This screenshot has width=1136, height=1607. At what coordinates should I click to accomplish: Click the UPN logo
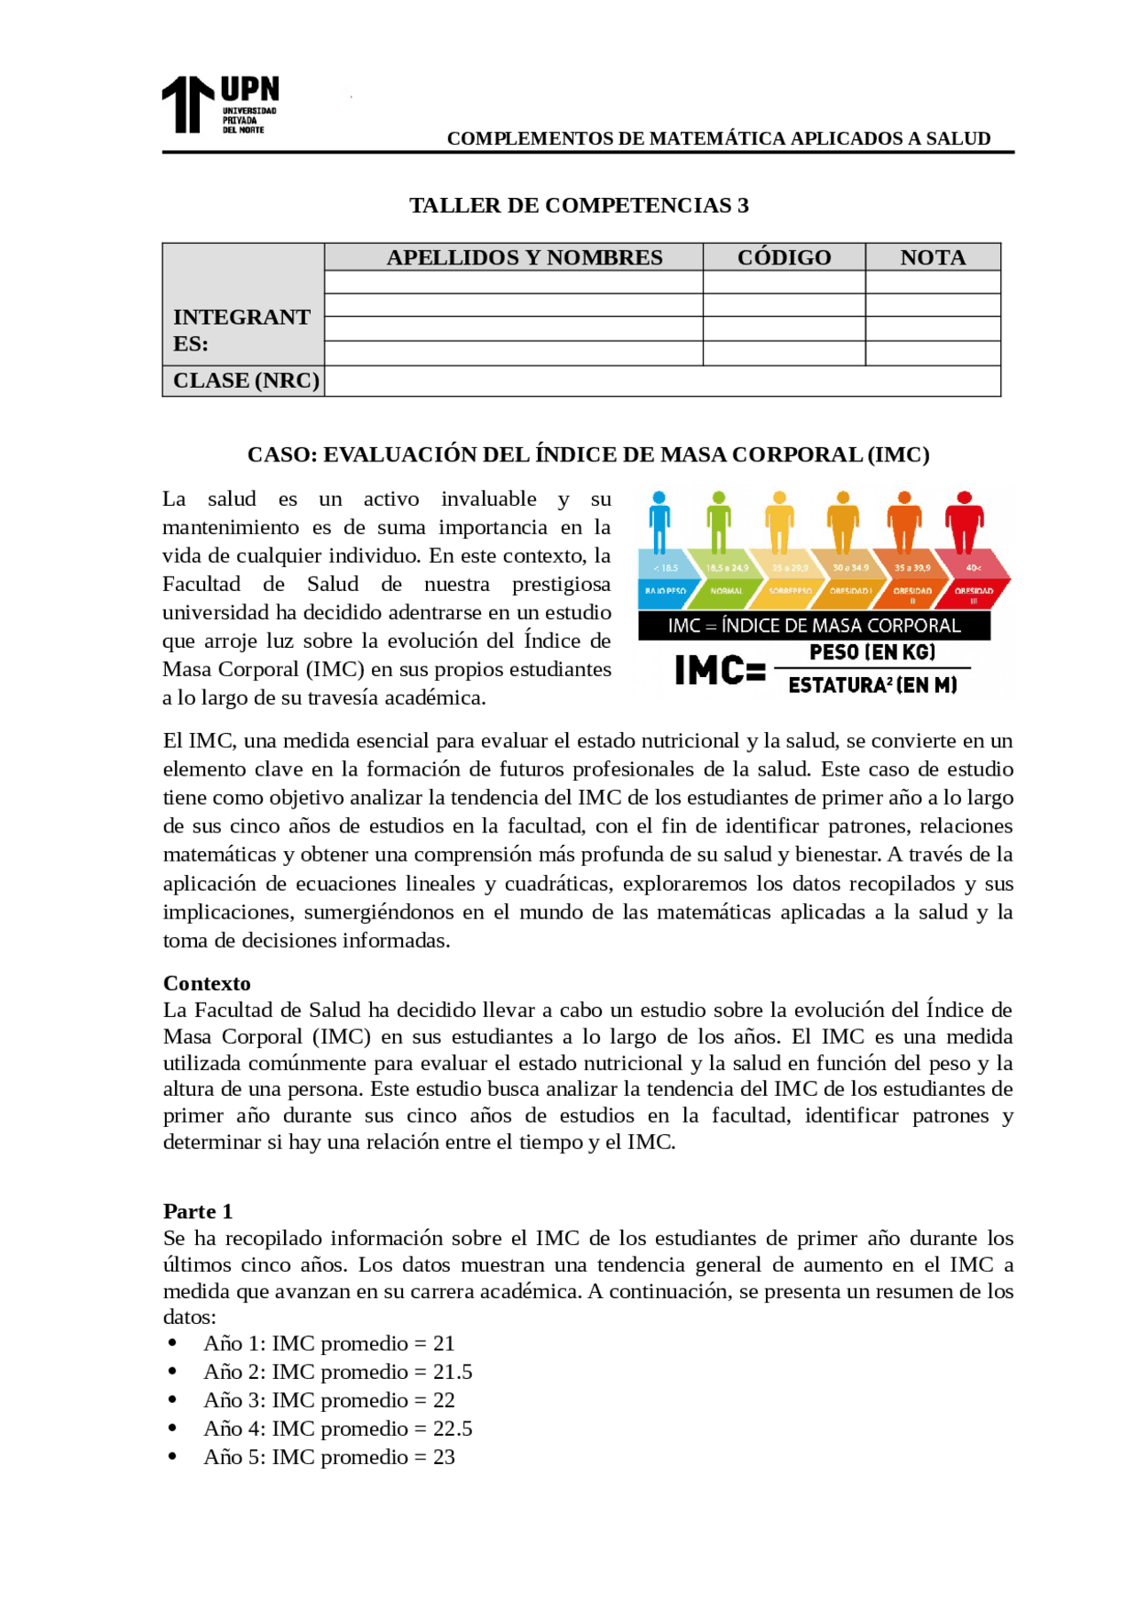click(219, 105)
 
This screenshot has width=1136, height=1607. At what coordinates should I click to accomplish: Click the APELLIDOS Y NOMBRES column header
click(524, 257)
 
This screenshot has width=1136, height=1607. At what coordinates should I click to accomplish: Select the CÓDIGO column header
click(784, 257)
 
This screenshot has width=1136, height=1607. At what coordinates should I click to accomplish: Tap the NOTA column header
click(932, 257)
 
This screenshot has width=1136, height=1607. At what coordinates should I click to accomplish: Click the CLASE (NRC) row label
click(245, 381)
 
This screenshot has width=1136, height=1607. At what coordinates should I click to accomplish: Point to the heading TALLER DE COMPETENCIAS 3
click(579, 205)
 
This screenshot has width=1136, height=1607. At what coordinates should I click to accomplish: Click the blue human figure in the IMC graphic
click(659, 522)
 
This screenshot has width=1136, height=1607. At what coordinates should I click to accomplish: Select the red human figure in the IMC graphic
click(964, 522)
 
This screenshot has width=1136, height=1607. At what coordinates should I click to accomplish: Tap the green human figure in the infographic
click(719, 522)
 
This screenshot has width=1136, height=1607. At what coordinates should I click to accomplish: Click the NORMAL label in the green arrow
click(726, 591)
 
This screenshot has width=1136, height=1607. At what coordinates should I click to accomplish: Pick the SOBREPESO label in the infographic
click(789, 591)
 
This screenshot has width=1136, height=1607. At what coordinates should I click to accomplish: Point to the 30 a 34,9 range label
click(850, 567)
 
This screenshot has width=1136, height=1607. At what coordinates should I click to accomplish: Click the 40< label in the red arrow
click(974, 567)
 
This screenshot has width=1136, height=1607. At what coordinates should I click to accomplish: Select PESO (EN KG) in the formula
click(872, 652)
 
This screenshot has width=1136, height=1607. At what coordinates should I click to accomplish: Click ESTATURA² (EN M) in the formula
click(872, 685)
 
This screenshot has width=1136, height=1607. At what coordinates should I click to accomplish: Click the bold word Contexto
click(207, 983)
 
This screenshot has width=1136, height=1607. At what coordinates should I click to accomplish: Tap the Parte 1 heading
click(197, 1211)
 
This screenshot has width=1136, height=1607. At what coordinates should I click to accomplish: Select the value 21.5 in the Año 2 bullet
click(453, 1372)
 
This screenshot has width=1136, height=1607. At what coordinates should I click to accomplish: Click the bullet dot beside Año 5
click(172, 1456)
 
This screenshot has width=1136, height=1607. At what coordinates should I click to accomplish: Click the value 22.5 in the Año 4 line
click(453, 1429)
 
